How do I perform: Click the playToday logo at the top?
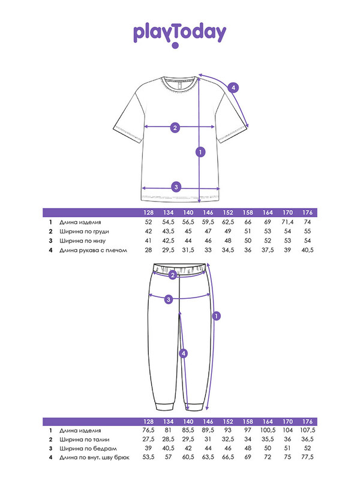pyautogui.click(x=179, y=35)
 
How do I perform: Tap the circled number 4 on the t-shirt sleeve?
pyautogui.click(x=233, y=88)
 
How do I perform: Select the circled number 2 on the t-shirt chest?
pyautogui.click(x=175, y=128)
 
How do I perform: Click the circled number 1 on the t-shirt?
pyautogui.click(x=200, y=152)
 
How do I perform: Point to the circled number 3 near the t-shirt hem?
pyautogui.click(x=176, y=187)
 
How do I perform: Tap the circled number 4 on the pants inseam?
pyautogui.click(x=184, y=353)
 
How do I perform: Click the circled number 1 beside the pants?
pyautogui.click(x=217, y=316)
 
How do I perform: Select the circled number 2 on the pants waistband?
pyautogui.click(x=173, y=275)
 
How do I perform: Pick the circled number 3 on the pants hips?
pyautogui.click(x=169, y=299)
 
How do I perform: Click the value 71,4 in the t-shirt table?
pyautogui.click(x=287, y=222)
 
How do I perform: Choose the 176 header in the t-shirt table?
pyautogui.click(x=307, y=212)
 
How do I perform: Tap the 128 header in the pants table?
pyautogui.click(x=148, y=422)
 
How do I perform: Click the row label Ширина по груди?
pyautogui.click(x=84, y=232)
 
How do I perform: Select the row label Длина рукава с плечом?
pyautogui.click(x=93, y=250)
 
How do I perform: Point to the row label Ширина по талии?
pyautogui.click(x=84, y=440)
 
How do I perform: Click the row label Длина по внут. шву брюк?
pyautogui.click(x=94, y=458)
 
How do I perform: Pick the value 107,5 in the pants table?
pyautogui.click(x=307, y=430)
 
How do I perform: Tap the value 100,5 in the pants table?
pyautogui.click(x=268, y=430)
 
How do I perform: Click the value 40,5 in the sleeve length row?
pyautogui.click(x=307, y=250)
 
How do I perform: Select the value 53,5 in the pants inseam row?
pyautogui.click(x=148, y=457)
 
